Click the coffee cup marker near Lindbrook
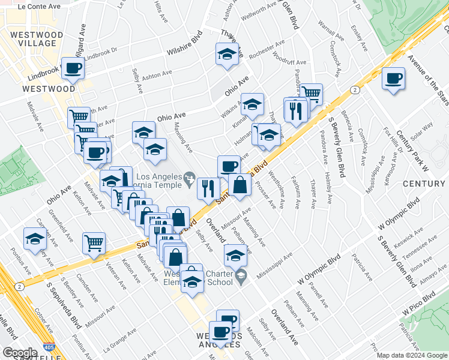[x=73, y=69]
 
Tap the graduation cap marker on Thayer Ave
[x=227, y=55]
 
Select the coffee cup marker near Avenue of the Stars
[x=394, y=79]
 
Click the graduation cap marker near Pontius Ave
[x=35, y=239]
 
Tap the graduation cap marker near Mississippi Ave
[x=236, y=256]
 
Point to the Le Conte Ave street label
[x=40, y=6]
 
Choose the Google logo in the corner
[x=19, y=353]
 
